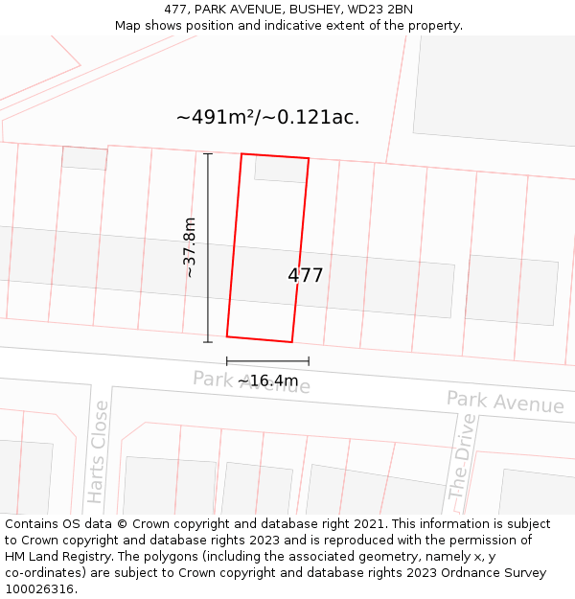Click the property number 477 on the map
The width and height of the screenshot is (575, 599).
(x=306, y=276)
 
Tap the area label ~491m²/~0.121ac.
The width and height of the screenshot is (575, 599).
(x=267, y=118)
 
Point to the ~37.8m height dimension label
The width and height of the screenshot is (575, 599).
(x=190, y=247)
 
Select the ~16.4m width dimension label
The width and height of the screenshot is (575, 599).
(x=268, y=380)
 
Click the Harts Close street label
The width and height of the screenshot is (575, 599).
(x=98, y=451)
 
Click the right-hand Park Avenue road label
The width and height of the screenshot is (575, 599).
(x=505, y=403)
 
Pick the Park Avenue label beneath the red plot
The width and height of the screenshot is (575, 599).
(x=251, y=382)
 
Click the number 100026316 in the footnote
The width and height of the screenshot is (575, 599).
(x=39, y=589)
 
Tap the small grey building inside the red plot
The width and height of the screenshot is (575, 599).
(x=281, y=169)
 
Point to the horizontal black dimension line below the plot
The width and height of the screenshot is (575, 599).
(x=267, y=361)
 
